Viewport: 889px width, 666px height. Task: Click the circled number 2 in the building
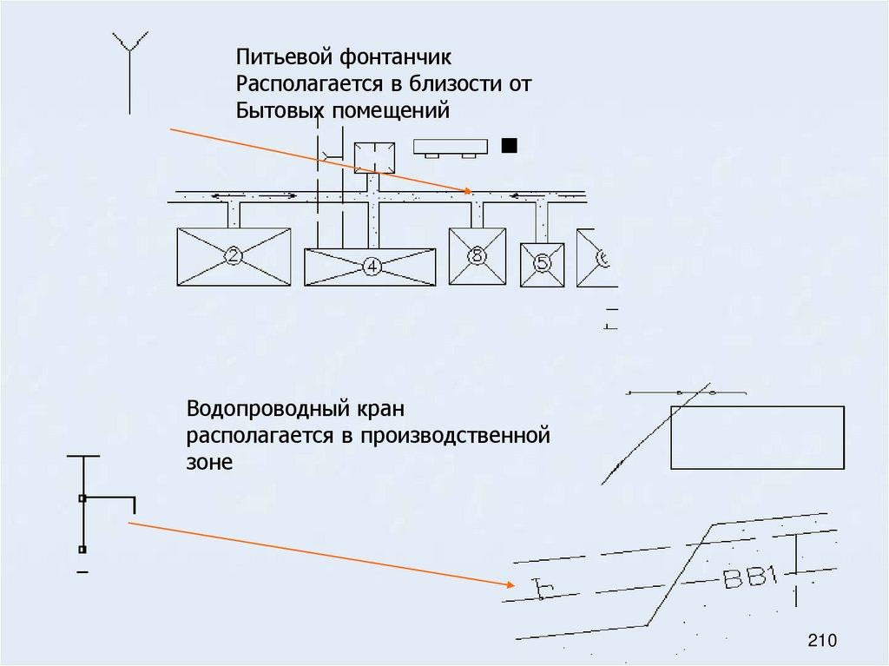pyautogui.click(x=233, y=255)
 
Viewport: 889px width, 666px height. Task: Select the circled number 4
pyautogui.click(x=372, y=267)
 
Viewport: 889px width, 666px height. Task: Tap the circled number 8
pyautogui.click(x=477, y=255)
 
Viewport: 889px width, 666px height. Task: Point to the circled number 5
pyautogui.click(x=542, y=263)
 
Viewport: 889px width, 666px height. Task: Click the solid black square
pyautogui.click(x=510, y=146)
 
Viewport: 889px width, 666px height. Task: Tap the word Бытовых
pyautogui.click(x=279, y=110)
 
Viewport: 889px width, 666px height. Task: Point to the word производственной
pyautogui.click(x=468, y=435)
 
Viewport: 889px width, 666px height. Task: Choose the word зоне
pyautogui.click(x=209, y=462)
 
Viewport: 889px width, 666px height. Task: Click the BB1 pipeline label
pyautogui.click(x=748, y=577)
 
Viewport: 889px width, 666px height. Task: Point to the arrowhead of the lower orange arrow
pyautogui.click(x=507, y=584)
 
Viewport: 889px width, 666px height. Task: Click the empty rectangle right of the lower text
pyautogui.click(x=757, y=437)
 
